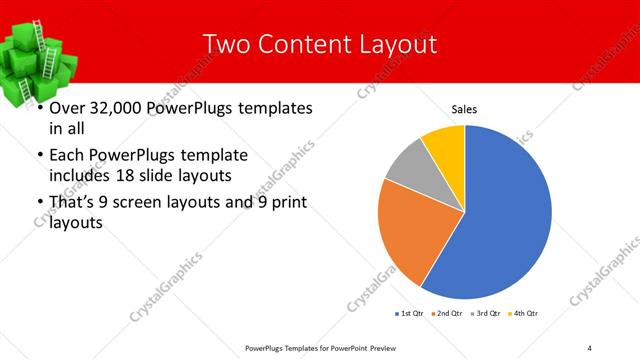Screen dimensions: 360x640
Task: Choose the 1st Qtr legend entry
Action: (409, 314)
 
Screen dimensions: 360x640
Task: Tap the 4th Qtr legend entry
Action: (527, 314)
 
